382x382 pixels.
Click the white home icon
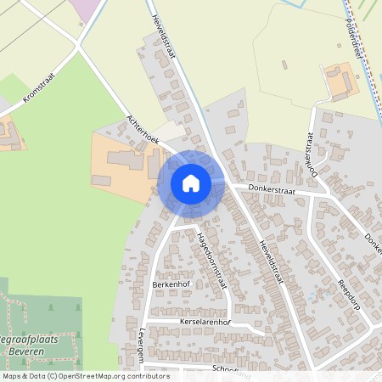coord(191,183)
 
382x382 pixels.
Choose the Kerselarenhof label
coord(205,323)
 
